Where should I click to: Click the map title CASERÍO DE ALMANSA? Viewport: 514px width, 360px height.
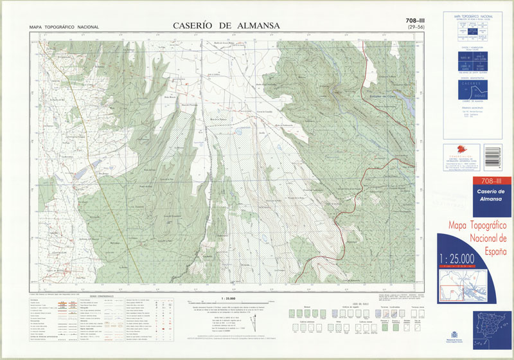(x=226, y=26)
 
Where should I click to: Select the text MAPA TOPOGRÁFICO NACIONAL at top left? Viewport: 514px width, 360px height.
(x=64, y=27)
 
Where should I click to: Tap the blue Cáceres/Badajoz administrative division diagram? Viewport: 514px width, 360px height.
(x=476, y=90)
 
